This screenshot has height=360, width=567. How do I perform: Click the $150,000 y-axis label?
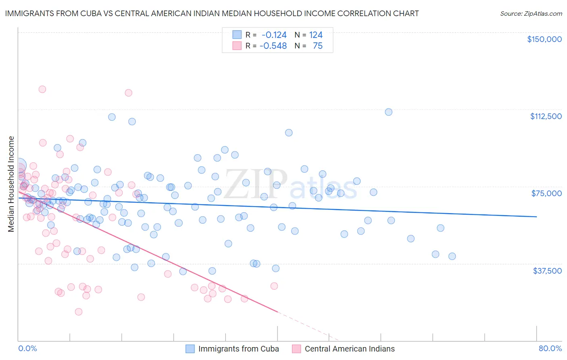click(x=544, y=39)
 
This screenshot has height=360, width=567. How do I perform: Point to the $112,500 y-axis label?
click(x=546, y=116)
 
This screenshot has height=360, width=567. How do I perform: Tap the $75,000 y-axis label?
click(x=546, y=193)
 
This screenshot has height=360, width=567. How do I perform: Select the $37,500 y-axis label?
click(x=547, y=271)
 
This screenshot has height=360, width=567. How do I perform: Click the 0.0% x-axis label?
click(x=27, y=348)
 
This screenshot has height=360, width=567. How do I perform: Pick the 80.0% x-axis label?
click(x=550, y=348)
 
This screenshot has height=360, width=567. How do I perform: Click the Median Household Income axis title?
click(x=11, y=184)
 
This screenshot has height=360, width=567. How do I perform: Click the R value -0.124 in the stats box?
click(x=274, y=35)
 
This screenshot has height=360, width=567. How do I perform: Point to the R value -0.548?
click(x=273, y=46)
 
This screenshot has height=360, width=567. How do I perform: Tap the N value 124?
click(x=316, y=35)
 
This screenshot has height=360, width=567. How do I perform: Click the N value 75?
click(x=318, y=46)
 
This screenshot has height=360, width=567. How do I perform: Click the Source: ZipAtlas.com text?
click(x=531, y=13)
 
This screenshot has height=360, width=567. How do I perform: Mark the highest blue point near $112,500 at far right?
click(x=388, y=112)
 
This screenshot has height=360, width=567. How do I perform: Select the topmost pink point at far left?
click(x=42, y=89)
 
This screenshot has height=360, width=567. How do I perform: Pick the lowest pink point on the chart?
click(x=79, y=312)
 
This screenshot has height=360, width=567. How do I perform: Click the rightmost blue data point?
click(x=452, y=256)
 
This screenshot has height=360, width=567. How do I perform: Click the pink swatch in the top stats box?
click(x=237, y=46)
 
